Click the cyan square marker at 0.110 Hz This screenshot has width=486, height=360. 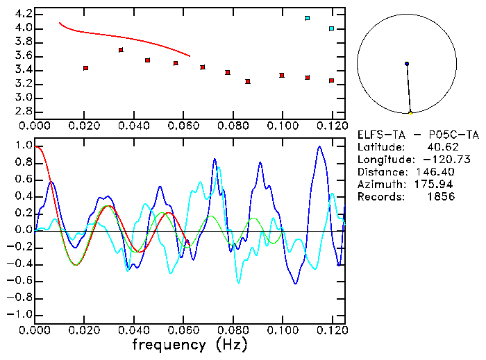307,18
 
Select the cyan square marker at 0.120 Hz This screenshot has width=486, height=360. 332,28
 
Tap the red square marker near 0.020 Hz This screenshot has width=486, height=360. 85,68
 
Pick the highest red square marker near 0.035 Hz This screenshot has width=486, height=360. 121,50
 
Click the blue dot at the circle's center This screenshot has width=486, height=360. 407,64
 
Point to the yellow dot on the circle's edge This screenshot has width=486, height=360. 410,112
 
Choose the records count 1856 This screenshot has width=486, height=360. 441,197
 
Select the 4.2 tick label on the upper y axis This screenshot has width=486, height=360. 23,14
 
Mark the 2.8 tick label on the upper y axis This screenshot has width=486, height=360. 23,111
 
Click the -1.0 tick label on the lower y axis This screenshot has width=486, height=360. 20,314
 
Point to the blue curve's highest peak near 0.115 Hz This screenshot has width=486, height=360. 319,146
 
